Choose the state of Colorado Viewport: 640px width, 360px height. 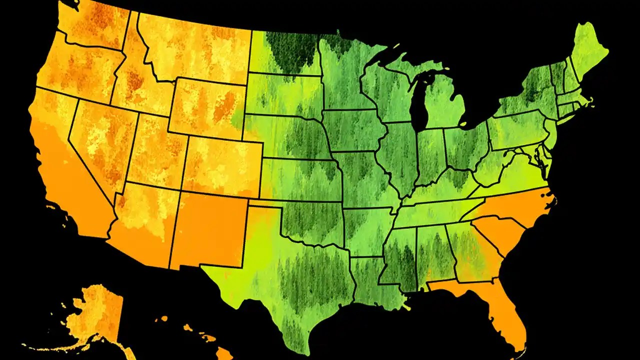(x=222, y=165)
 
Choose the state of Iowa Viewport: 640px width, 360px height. (x=352, y=130)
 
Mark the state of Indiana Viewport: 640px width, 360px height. (x=429, y=155)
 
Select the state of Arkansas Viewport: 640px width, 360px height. (x=368, y=230)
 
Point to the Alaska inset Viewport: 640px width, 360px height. (x=95, y=315)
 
